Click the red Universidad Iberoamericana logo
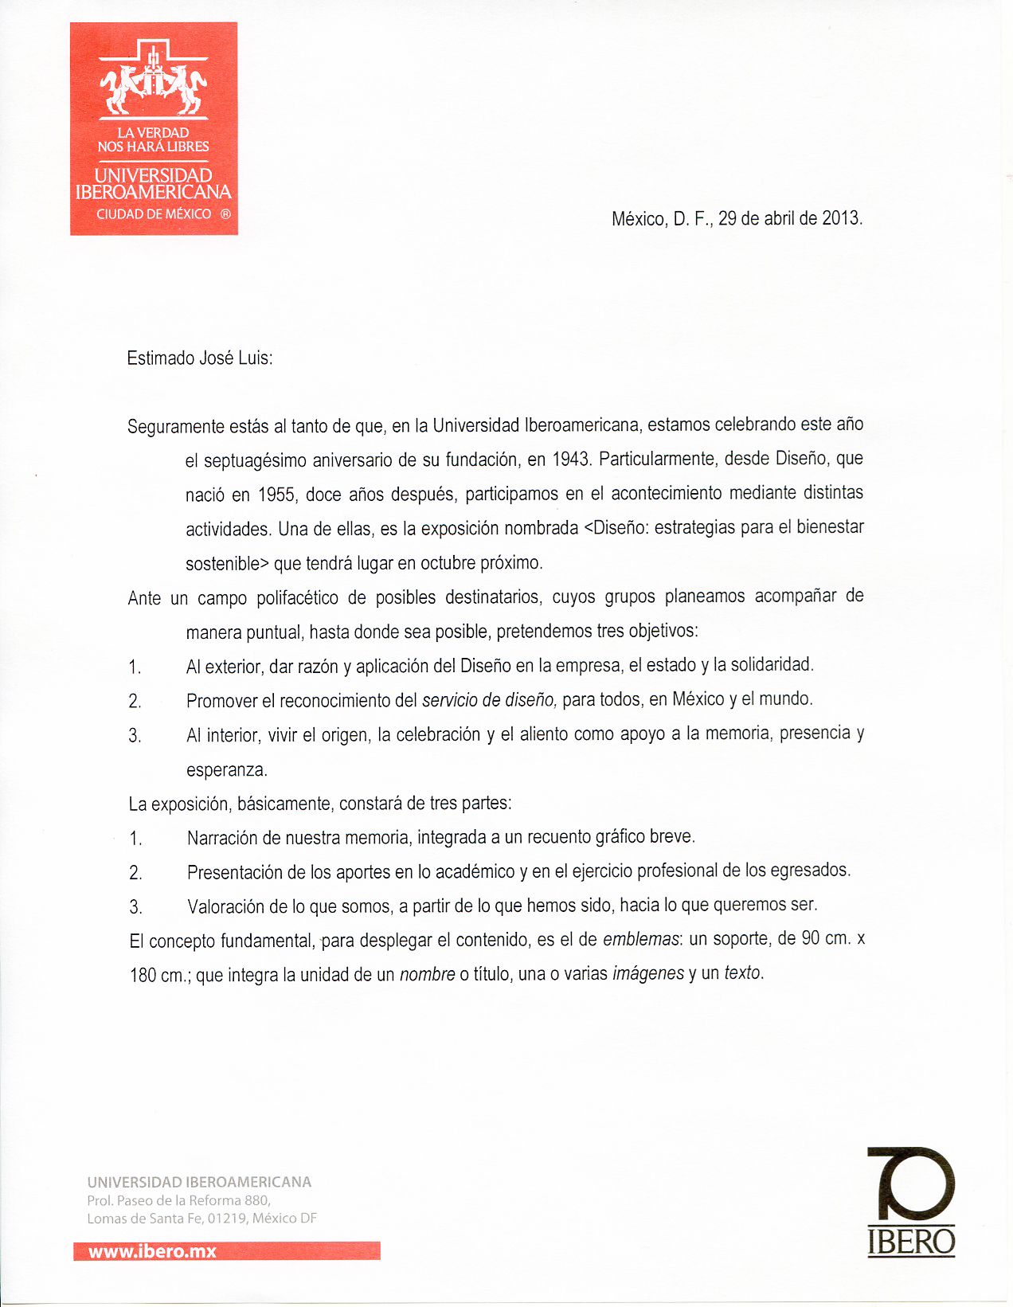coord(154,129)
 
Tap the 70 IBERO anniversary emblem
coord(911,1202)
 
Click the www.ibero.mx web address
coord(152,1251)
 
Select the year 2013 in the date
coord(841,218)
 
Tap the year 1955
coord(276,495)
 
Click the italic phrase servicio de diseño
coord(489,700)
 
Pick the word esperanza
coord(226,770)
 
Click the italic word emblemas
coord(641,940)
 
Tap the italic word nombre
coord(427,974)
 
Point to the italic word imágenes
coord(647,973)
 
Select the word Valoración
coord(227,906)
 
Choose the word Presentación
coord(235,872)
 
